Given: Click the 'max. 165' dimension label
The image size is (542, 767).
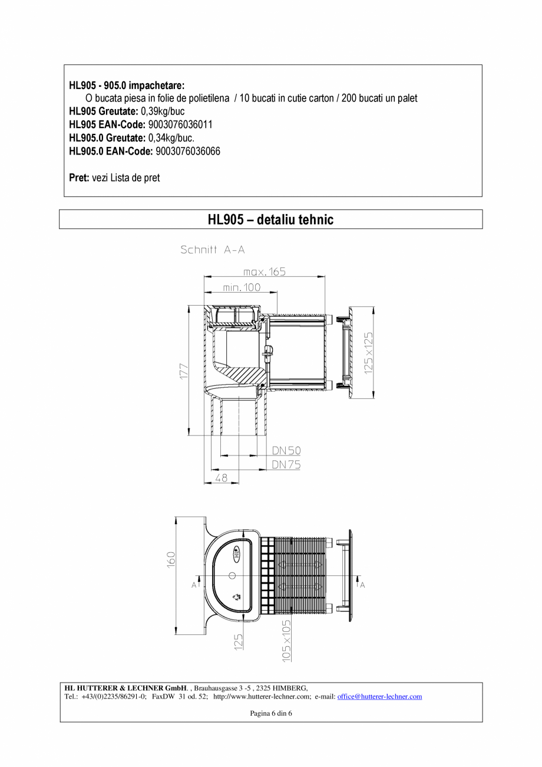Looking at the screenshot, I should point(264,272).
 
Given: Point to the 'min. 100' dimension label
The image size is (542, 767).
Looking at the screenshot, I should point(242,287).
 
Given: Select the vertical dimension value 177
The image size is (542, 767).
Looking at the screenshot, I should point(183,371).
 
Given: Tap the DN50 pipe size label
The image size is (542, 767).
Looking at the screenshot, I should point(286,451).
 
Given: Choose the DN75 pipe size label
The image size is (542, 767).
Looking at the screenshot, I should point(286,465).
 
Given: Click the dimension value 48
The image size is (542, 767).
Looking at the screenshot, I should point(221,478).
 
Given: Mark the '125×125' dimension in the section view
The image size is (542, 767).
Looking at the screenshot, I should point(368,352).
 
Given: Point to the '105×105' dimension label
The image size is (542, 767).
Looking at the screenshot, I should point(286,640).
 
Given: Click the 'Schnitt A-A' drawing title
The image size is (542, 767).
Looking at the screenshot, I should point(212,250).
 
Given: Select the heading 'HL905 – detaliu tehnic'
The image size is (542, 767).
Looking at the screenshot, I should point(270,219).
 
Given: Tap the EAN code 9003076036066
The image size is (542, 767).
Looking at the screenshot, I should point(187,152).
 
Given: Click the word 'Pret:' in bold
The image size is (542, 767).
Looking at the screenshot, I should point(79,178).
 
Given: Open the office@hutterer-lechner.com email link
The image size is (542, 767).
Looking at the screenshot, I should point(379,696).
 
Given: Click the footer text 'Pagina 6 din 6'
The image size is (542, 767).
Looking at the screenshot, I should point(271,713).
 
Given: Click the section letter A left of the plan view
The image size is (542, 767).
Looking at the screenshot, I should point(193,585).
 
